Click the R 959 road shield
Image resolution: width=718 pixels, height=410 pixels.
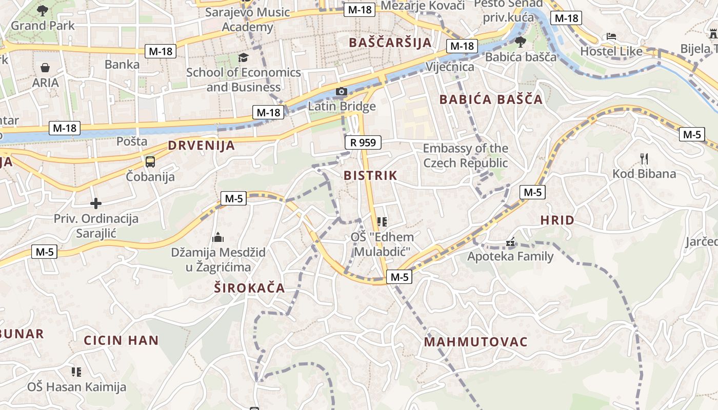pos(364,142)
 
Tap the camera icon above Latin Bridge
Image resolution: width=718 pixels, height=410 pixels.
pos(342,92)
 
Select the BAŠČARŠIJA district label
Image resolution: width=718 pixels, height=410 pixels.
pos(390,43)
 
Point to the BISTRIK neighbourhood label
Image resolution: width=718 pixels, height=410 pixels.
pos(370,175)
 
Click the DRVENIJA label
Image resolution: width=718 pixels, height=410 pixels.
pos(202,146)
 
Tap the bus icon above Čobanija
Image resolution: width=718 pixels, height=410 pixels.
pos(150,162)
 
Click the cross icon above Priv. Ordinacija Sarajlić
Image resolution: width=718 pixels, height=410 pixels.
pos(96,203)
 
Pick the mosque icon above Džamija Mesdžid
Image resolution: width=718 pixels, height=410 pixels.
pos(218,237)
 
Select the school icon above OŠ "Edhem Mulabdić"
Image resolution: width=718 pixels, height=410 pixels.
pos(382,222)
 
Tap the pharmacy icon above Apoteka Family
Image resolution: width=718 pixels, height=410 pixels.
pos(510,241)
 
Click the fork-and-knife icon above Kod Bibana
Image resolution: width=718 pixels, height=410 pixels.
pos(644,159)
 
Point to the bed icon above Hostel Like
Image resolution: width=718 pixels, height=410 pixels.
pos(611,36)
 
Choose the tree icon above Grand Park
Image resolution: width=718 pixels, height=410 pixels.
pos(43,10)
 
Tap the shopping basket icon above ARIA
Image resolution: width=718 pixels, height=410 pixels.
pos(45,68)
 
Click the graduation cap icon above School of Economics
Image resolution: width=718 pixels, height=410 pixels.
pos(243,57)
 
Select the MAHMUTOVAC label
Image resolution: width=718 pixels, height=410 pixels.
pos(475,342)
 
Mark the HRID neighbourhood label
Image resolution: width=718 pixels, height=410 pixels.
pos(557,220)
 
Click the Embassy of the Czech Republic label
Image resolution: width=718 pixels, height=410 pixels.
pos(466,156)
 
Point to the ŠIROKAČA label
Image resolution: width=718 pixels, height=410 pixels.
pos(249,288)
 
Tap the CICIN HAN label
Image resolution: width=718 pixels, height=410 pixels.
pos(122,340)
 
